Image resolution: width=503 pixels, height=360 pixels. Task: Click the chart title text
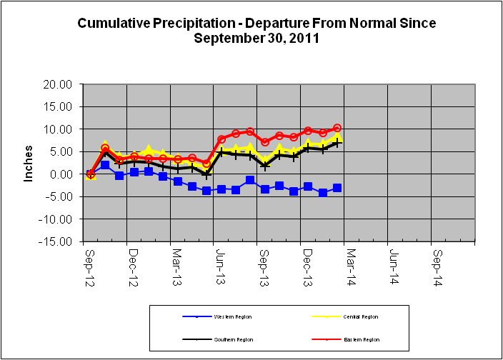(x=257, y=31)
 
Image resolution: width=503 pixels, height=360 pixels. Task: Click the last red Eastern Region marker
(x=337, y=129)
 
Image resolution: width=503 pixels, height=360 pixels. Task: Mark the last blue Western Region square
(x=337, y=188)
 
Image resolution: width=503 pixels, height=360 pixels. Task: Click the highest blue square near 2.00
(x=105, y=165)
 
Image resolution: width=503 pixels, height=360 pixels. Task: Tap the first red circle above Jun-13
(x=221, y=139)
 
